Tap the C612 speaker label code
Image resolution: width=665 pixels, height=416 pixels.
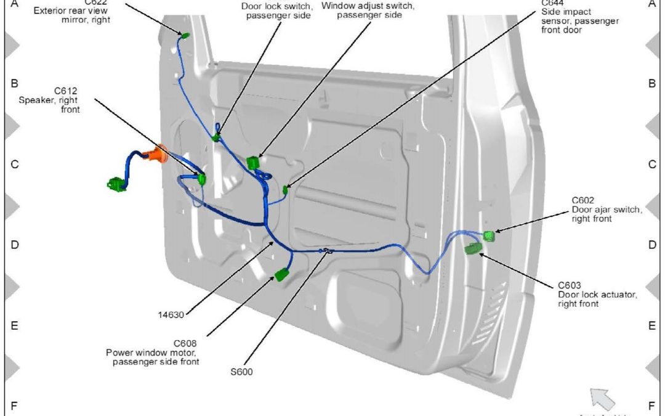pyautogui.click(x=65, y=90)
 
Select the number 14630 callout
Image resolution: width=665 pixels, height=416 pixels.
pyautogui.click(x=171, y=315)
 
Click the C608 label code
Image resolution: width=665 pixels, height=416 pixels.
pyautogui.click(x=185, y=343)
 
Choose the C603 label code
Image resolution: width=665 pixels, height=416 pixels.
pyautogui.click(x=570, y=285)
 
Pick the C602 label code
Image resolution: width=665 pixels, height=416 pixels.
pyautogui.click(x=582, y=200)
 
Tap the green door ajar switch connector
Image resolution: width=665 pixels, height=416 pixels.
pyautogui.click(x=489, y=235)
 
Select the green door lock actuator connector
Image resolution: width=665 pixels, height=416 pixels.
pyautogui.click(x=474, y=248)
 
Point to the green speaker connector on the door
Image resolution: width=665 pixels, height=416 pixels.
pyautogui.click(x=201, y=179)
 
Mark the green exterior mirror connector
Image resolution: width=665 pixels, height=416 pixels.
pyautogui.click(x=185, y=35)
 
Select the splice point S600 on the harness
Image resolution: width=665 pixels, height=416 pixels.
pyautogui.click(x=326, y=250)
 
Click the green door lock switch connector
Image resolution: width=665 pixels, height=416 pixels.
pyautogui.click(x=216, y=138)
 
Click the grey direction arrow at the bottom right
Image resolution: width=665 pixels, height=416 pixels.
pyautogui.click(x=602, y=398)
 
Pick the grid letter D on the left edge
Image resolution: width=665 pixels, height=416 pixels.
pyautogui.click(x=14, y=245)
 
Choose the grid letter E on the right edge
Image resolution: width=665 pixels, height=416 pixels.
pyautogui.click(x=651, y=326)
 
